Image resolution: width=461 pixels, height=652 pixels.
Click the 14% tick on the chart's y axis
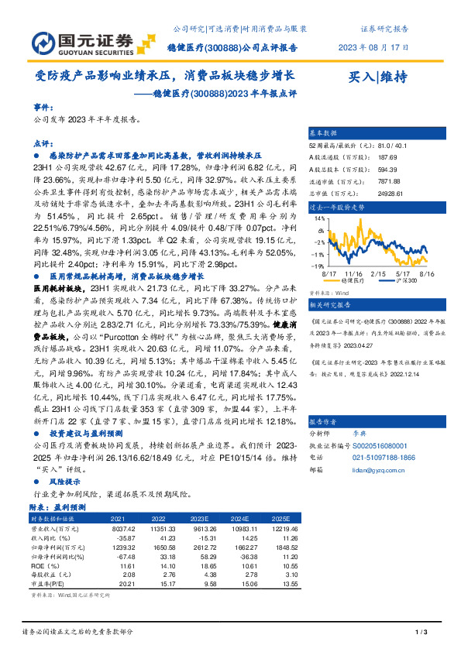[319, 219]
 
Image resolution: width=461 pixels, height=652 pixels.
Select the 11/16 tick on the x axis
[353, 273]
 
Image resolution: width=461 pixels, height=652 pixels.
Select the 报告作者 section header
[325, 422]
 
